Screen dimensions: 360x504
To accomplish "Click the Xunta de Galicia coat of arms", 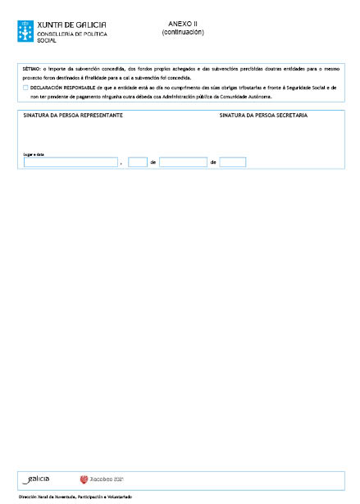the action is click(25, 30).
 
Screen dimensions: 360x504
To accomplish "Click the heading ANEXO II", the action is click(182, 25).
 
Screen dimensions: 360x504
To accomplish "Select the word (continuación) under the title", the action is click(183, 33).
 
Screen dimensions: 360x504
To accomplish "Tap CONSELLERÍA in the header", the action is click(57, 34).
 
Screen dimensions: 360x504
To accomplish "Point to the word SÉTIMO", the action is click(30, 69).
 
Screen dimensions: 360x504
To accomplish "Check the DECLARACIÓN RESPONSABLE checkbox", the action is click(26, 87).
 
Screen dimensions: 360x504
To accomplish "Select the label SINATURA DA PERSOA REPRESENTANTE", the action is click(74, 116).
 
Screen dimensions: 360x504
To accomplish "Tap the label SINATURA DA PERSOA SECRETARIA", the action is click(263, 116).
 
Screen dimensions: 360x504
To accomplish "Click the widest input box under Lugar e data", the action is click(71, 162).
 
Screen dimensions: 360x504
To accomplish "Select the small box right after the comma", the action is click(138, 162).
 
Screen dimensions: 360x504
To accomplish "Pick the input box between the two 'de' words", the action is click(183, 162).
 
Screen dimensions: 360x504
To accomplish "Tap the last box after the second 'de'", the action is click(233, 162).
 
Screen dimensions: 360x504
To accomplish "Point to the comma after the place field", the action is click(121, 164).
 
